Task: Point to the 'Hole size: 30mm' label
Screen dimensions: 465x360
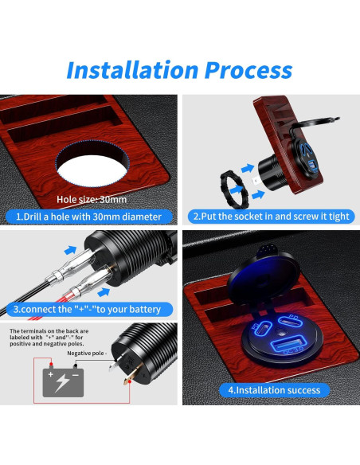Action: coord(92,199)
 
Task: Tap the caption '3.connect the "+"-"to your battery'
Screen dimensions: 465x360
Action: coord(88,309)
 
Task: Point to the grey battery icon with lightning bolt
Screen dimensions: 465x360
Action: coord(63,379)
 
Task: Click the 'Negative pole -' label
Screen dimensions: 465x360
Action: coord(88,352)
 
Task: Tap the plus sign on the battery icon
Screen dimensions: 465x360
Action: coord(51,373)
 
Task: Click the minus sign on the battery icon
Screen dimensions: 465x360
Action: coord(76,373)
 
